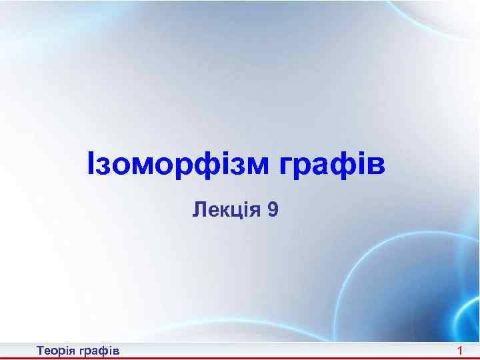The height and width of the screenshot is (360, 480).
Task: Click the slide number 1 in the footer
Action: click(x=460, y=350)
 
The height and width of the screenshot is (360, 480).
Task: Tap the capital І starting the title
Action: click(x=91, y=165)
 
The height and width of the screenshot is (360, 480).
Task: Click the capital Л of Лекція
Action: click(x=199, y=211)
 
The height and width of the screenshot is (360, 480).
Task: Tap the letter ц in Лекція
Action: click(x=237, y=212)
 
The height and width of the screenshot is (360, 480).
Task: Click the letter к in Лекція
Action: click(x=225, y=212)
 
